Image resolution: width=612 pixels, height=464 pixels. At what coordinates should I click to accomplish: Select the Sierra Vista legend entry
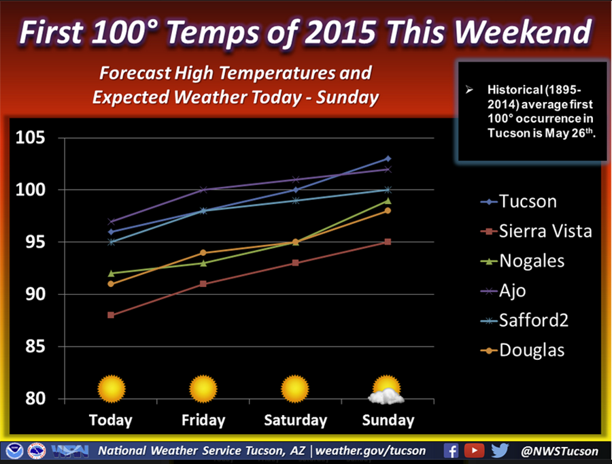tap(534, 231)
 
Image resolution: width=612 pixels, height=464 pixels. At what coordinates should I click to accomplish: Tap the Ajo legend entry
tap(512, 291)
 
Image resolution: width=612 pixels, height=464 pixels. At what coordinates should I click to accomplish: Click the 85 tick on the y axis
tap(34, 347)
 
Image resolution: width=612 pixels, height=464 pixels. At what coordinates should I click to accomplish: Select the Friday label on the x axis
tap(203, 420)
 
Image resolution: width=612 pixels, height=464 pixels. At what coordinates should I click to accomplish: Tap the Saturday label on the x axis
tap(295, 420)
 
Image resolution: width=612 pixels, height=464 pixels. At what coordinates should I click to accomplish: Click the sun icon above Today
tap(112, 390)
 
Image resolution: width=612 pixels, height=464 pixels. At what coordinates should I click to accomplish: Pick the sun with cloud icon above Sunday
tap(386, 391)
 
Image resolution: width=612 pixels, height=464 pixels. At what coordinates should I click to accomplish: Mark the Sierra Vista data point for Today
tap(111, 315)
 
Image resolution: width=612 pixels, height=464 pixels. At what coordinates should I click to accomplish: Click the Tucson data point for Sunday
tap(388, 159)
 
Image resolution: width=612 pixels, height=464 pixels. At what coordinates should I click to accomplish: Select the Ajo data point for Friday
tap(203, 190)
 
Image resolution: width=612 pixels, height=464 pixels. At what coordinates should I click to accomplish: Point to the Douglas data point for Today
tap(111, 284)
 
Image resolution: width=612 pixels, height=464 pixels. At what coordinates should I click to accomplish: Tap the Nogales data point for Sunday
tap(388, 201)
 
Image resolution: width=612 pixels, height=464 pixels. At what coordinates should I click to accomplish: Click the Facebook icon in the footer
tap(451, 450)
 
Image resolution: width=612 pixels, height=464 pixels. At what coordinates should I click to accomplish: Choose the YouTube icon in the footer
tap(474, 450)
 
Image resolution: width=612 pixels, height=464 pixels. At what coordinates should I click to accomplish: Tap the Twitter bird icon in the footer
tap(499, 450)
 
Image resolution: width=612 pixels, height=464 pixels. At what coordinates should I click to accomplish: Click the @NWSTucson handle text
tap(560, 451)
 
